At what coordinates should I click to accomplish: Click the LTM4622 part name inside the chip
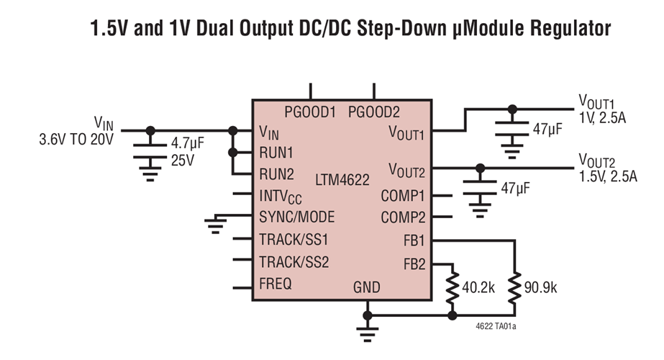[344, 176]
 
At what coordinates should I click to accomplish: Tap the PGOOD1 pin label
[310, 112]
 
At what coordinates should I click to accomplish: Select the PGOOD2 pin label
[373, 112]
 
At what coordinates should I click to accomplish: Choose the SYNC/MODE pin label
[296, 217]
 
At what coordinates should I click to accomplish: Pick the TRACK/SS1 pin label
[294, 239]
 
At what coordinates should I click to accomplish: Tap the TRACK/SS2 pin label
[294, 261]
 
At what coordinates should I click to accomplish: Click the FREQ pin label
[276, 284]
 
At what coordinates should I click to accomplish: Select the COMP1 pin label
[403, 195]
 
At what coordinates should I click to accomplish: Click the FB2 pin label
[414, 264]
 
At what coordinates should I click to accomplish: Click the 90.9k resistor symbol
[514, 287]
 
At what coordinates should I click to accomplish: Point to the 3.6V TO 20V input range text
[76, 140]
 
